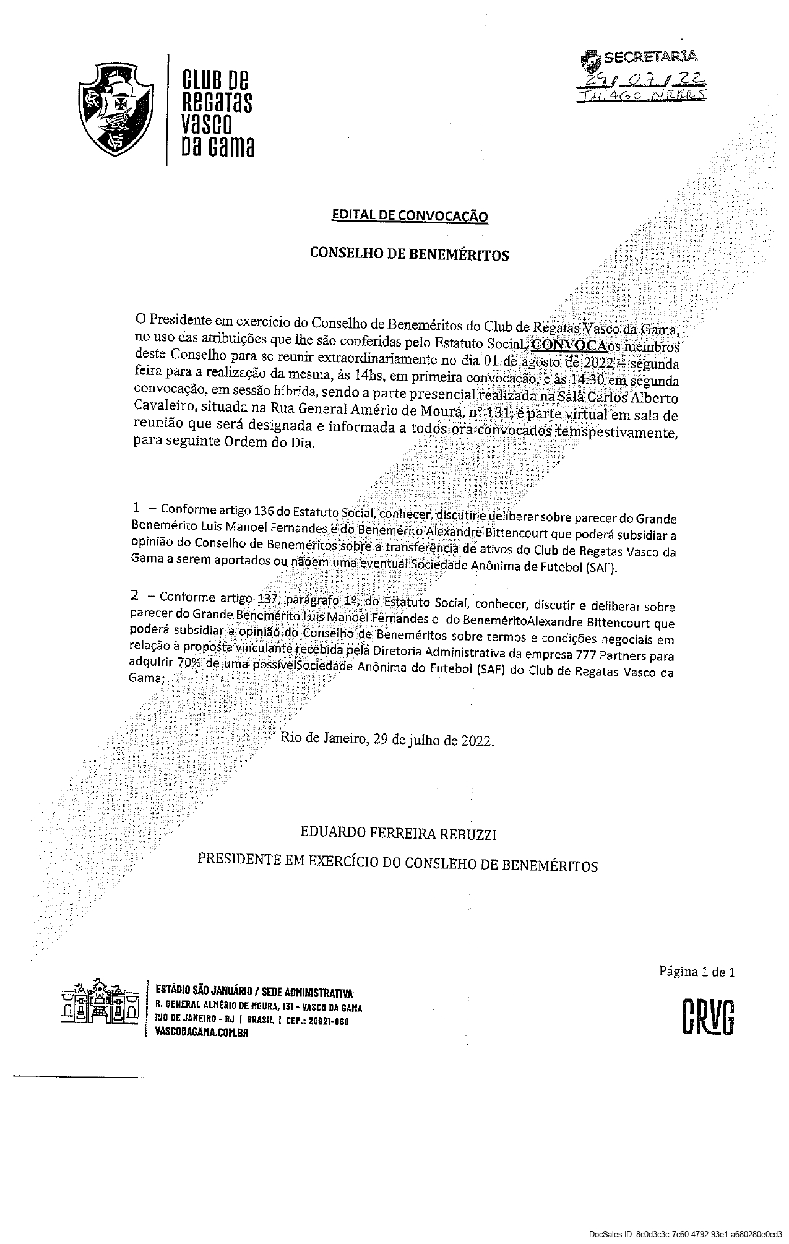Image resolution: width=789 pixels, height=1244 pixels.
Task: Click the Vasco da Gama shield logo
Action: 115,110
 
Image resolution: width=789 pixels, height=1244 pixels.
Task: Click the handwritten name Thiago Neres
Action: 641,95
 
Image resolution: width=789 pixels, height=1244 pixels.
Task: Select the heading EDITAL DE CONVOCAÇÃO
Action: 410,215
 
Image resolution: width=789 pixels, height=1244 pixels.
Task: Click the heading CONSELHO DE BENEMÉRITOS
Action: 409,254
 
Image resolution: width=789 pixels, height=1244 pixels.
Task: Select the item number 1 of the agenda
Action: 136,508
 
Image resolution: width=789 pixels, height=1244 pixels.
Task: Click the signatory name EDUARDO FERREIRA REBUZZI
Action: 399,834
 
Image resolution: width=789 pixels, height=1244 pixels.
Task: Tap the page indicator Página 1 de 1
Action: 696,971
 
